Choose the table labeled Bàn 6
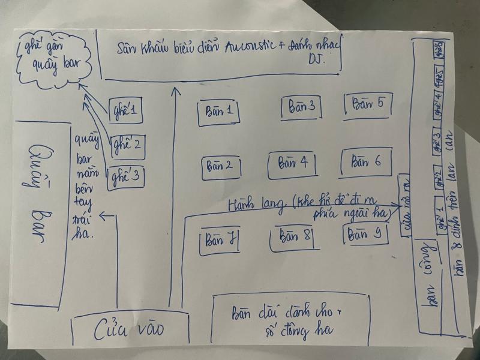click(x=366, y=162)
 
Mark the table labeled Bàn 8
click(x=293, y=237)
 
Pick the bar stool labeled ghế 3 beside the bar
click(x=126, y=176)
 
